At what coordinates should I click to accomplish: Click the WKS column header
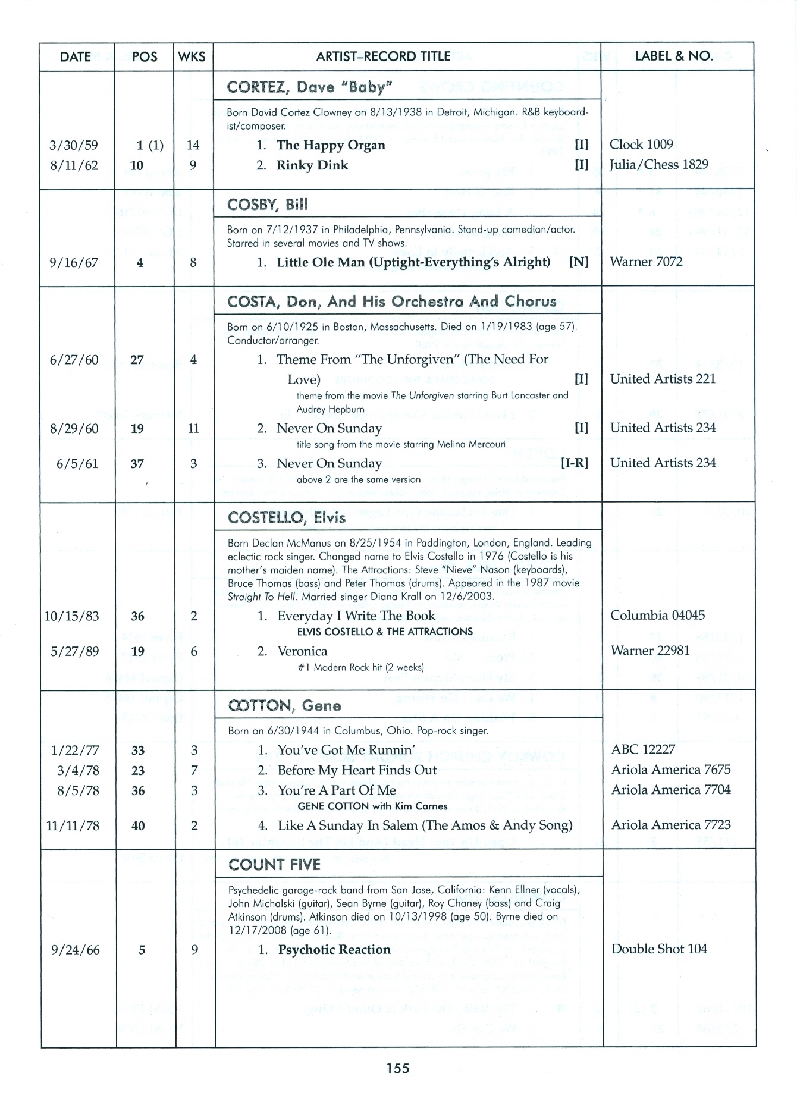(193, 56)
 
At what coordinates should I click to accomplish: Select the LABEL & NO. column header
(673, 56)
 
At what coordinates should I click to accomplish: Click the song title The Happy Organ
(331, 145)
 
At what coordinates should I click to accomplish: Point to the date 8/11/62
(74, 165)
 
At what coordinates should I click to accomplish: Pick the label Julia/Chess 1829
(658, 165)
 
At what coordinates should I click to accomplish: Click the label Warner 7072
(646, 262)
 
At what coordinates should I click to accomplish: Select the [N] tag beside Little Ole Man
(578, 262)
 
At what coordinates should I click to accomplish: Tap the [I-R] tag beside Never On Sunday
(574, 463)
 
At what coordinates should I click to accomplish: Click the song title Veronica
(302, 651)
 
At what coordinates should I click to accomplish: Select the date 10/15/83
(71, 616)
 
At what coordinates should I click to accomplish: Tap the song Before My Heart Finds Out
(357, 770)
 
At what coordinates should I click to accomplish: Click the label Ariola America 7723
(671, 825)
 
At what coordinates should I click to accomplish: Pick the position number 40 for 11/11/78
(138, 825)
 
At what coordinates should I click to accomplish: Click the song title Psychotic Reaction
(334, 950)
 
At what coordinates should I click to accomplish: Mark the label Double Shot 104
(659, 949)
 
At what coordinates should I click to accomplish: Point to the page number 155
(397, 1068)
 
